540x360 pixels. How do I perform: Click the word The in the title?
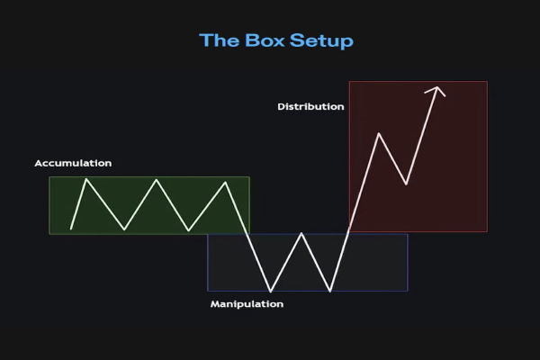[x=217, y=40]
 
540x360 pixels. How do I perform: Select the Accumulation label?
[x=73, y=163]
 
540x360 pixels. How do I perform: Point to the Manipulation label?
[x=247, y=304]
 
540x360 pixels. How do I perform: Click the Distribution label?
[x=310, y=106]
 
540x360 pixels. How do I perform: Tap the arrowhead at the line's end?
[x=437, y=88]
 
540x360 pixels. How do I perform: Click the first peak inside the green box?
[x=86, y=179]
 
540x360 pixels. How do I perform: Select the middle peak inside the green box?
[x=157, y=179]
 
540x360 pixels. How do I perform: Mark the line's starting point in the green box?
[x=71, y=229]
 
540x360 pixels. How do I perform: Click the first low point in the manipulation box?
[x=270, y=291]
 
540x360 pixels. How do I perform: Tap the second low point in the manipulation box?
[x=330, y=291]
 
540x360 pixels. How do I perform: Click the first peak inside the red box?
[x=378, y=133]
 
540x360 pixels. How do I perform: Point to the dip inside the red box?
[x=406, y=184]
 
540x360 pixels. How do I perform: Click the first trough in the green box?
[x=125, y=229]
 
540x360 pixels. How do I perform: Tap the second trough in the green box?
[x=188, y=230]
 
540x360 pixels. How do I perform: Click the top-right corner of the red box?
[x=487, y=82]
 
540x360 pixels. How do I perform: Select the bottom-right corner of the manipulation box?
[x=407, y=290]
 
